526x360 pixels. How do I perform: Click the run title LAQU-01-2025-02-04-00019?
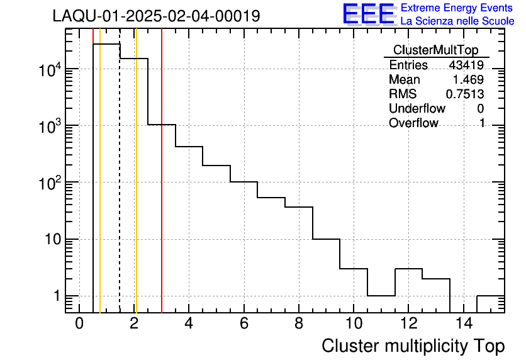[156, 16]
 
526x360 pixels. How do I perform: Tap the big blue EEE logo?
[369, 14]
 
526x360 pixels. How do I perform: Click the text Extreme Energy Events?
[457, 8]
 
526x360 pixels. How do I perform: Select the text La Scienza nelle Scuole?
[457, 21]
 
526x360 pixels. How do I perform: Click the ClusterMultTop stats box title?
[435, 50]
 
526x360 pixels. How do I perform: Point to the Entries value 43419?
[466, 65]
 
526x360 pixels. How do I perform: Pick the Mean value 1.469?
[469, 80]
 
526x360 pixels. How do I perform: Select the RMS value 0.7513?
[465, 94]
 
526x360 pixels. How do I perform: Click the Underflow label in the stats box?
[417, 108]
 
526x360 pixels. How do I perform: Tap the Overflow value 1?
[482, 123]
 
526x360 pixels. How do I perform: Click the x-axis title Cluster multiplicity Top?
[413, 346]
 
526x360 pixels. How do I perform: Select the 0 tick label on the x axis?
[79, 324]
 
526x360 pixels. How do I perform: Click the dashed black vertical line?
[120, 189]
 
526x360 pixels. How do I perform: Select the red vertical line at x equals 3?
[162, 189]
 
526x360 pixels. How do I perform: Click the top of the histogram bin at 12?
[408, 269]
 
